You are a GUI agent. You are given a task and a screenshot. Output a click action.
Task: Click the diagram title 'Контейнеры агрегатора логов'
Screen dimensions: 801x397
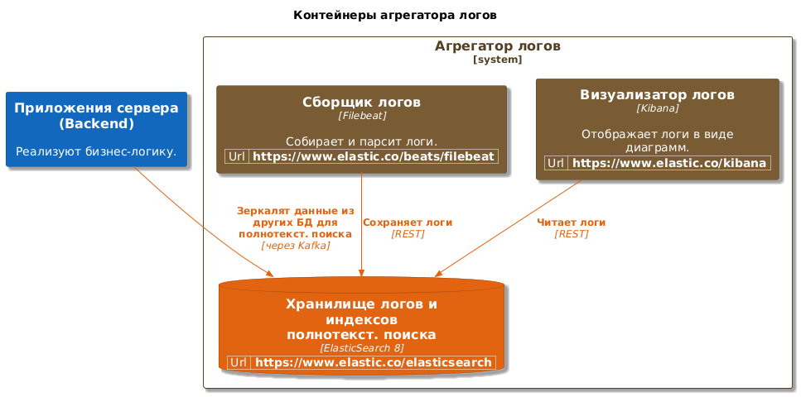[395, 16]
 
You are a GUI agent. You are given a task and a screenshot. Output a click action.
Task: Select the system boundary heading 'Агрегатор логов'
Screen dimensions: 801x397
[498, 46]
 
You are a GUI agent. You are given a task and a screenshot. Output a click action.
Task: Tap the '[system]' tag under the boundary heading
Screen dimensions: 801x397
[498, 60]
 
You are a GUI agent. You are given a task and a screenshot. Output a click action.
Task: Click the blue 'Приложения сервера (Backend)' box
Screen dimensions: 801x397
[97, 129]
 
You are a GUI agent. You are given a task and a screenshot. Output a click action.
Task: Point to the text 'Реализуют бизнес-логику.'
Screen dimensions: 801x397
[97, 151]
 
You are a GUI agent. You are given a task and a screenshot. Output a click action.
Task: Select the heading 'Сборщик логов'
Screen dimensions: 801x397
[362, 102]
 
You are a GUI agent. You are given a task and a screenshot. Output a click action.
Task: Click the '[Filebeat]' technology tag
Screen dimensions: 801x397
[362, 116]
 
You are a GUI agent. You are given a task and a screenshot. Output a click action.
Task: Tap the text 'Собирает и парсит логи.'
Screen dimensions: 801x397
[362, 141]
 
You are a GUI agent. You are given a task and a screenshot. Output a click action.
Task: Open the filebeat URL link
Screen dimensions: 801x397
[374, 156]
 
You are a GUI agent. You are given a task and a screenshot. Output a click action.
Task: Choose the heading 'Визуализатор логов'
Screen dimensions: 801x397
[658, 95]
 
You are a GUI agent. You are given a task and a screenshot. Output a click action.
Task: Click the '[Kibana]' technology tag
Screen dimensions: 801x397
[658, 108]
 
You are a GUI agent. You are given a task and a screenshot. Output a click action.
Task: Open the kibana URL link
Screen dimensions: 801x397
[669, 163]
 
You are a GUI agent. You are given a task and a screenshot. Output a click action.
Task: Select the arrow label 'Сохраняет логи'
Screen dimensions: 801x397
[408, 222]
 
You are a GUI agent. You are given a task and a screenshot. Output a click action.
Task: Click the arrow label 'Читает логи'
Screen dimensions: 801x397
[571, 222]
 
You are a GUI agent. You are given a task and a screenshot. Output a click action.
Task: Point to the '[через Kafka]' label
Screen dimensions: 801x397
[295, 246]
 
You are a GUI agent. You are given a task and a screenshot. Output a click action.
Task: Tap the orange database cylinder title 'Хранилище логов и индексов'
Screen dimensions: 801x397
[362, 312]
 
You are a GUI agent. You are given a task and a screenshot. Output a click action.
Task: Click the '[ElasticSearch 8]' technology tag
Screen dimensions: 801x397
[362, 348]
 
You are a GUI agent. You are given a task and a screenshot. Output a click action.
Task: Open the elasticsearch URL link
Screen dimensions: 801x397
[374, 362]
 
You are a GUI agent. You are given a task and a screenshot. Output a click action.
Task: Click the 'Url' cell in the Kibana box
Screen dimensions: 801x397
[557, 163]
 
